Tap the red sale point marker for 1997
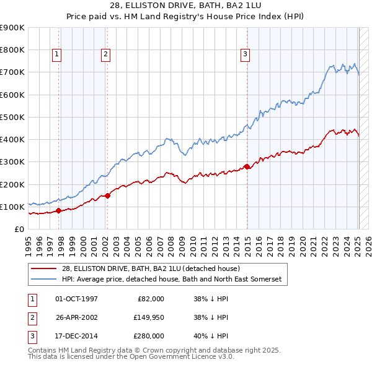click(x=59, y=210)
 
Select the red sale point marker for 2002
click(x=107, y=195)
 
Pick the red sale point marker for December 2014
click(x=247, y=166)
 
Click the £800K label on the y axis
click(x=12, y=49)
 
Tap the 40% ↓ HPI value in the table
click(x=211, y=336)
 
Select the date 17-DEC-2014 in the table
click(x=76, y=336)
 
